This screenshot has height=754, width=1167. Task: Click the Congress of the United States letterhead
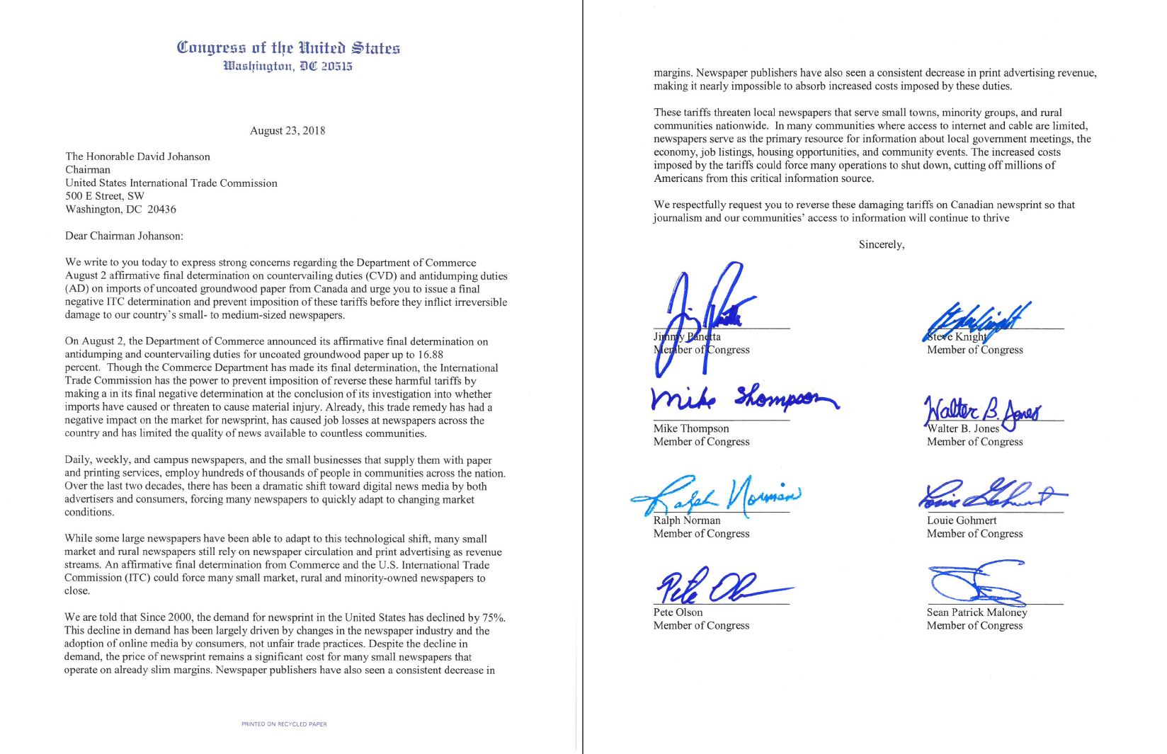point(288,48)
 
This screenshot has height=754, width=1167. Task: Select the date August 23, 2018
point(288,130)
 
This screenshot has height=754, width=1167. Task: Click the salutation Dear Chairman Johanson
point(124,236)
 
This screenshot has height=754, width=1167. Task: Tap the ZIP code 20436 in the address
point(162,210)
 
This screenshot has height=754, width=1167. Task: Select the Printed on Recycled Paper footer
point(284,724)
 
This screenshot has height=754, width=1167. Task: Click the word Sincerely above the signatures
point(881,244)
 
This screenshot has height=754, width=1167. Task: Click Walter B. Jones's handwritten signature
point(981,411)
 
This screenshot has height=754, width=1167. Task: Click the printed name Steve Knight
point(957,337)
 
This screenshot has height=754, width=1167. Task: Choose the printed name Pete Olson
point(678,612)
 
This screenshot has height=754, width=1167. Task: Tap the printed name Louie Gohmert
point(961,520)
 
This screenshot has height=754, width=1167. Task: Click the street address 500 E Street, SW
point(105,196)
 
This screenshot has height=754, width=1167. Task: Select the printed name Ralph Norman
point(686,520)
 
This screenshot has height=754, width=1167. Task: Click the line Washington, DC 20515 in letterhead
point(288,67)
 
